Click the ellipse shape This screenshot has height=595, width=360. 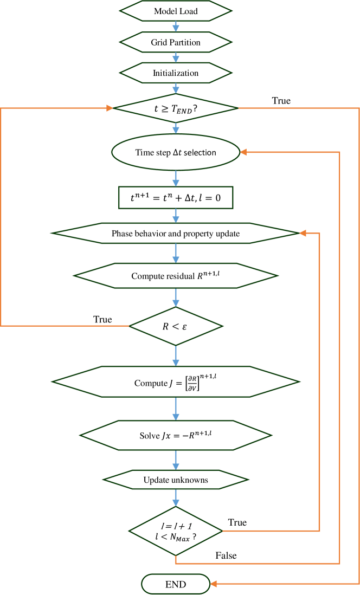coord(176,152)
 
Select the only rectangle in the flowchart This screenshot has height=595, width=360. coord(176,198)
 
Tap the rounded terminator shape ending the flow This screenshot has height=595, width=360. coord(176,584)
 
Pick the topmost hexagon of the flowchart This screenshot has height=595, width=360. coord(176,11)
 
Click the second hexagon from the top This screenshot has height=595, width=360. coord(176,42)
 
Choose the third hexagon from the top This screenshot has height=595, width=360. coord(176,73)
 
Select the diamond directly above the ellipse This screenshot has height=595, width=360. coord(176,108)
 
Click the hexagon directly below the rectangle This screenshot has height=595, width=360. coord(176,233)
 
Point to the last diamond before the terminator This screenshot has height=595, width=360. coord(176,531)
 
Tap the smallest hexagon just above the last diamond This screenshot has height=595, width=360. coord(176,480)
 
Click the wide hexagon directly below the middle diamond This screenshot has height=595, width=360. coord(176,381)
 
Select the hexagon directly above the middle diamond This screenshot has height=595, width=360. coord(176,276)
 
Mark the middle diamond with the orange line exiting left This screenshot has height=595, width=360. coord(176,326)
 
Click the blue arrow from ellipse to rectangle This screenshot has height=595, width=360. coord(176,179)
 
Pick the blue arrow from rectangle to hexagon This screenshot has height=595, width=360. coord(176,216)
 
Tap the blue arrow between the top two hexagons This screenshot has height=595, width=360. coord(176,27)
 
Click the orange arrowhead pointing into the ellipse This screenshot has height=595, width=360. coord(243,152)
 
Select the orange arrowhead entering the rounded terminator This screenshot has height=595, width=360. coord(214,584)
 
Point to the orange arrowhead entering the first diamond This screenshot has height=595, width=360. coord(110,108)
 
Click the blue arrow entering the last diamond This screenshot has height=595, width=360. coord(176,498)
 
